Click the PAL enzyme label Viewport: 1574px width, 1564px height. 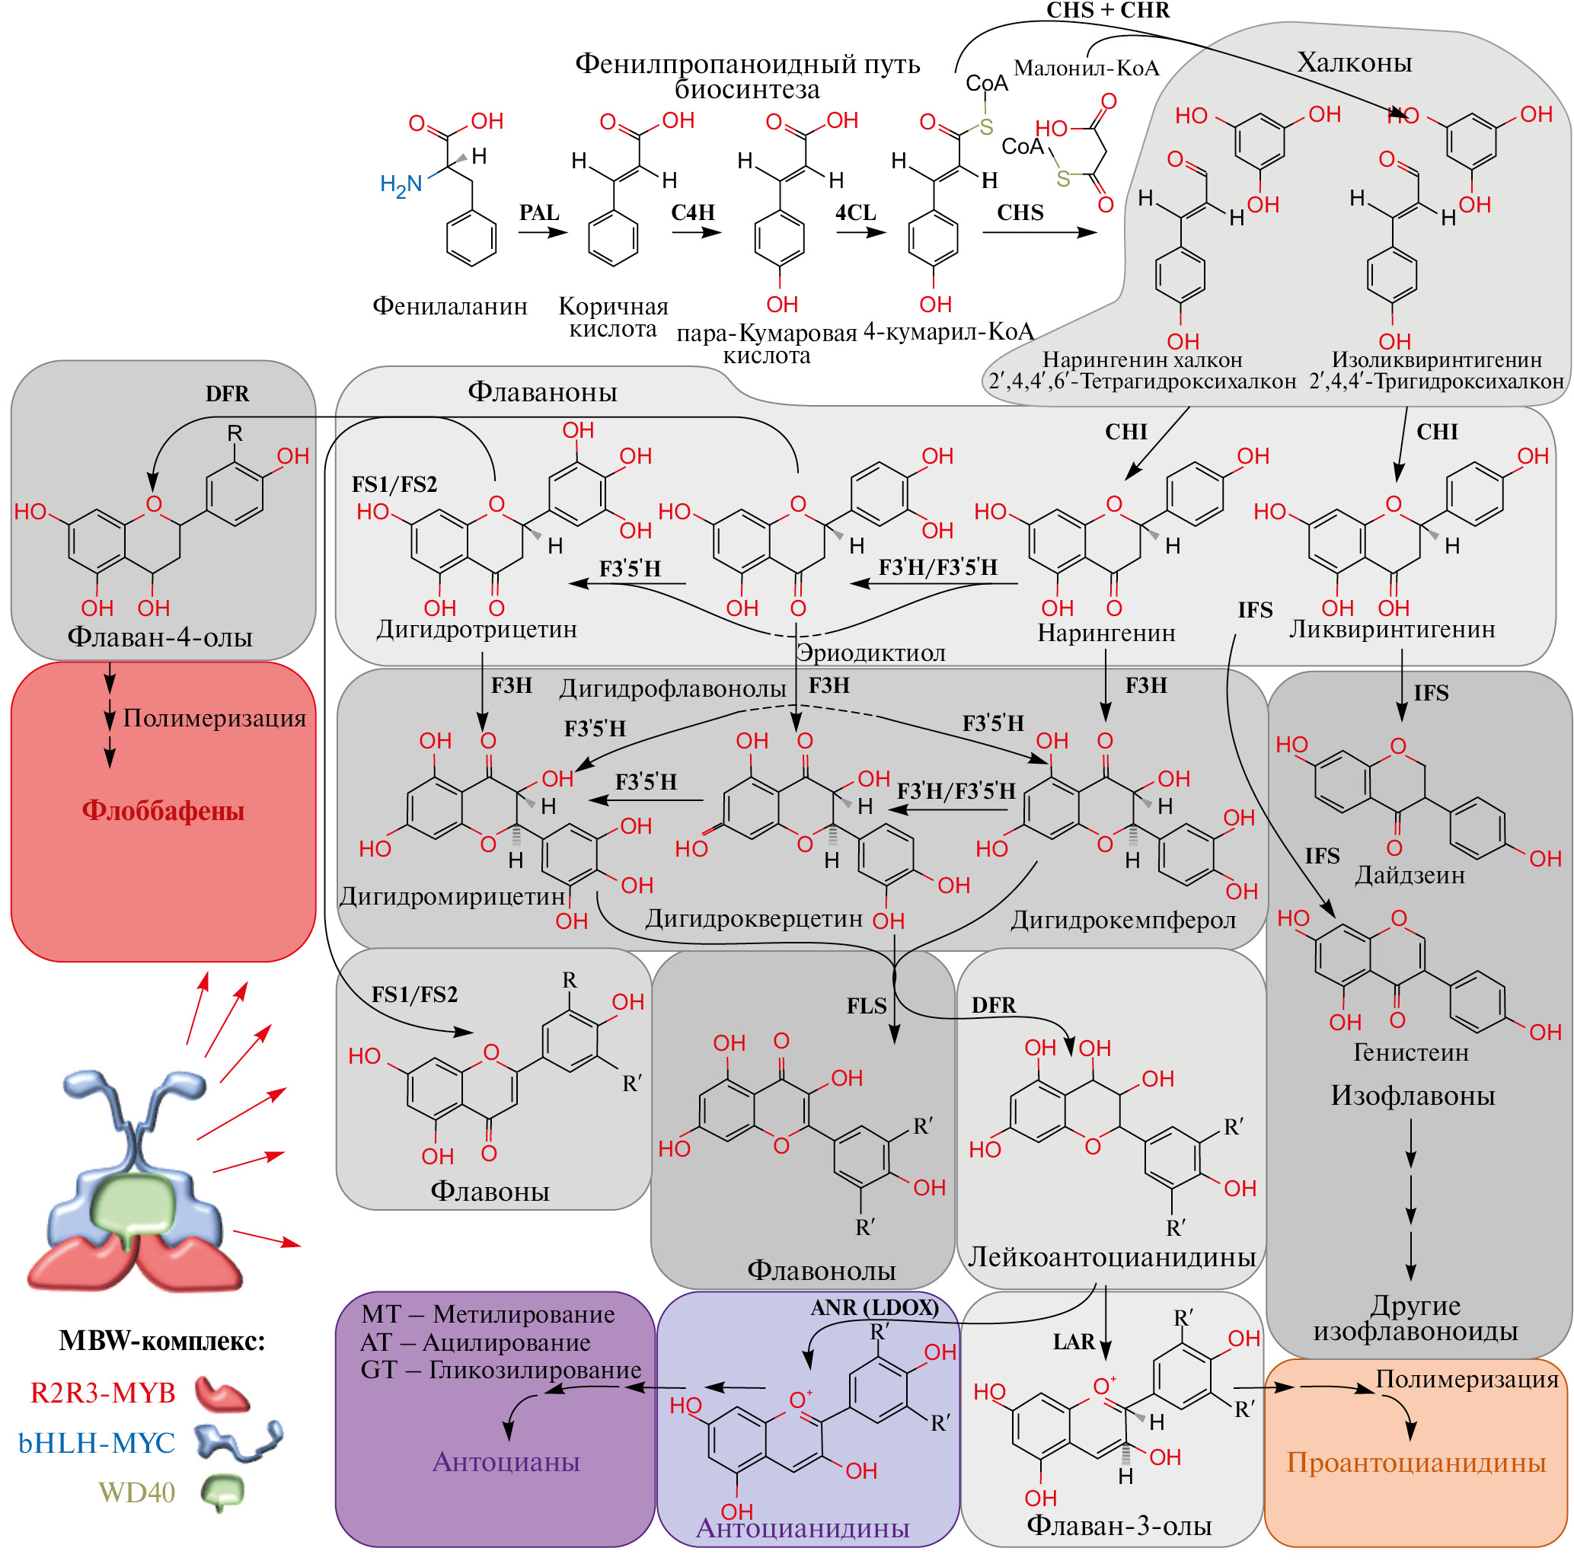pos(538,212)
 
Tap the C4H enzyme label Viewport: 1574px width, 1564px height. pos(692,212)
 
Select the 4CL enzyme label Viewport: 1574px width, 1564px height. pos(855,212)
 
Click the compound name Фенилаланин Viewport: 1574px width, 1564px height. pos(450,306)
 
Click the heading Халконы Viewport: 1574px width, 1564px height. pos(1354,62)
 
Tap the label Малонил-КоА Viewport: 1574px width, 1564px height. pos(1086,69)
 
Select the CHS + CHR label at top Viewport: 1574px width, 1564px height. pos(1108,11)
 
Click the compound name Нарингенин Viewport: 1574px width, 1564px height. pos(1106,633)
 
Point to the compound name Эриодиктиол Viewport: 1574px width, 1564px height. pos(870,653)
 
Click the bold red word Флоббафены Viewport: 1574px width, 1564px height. pos(163,812)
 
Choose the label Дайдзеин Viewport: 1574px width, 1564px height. pos(1410,876)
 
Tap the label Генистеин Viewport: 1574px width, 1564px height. pos(1411,1052)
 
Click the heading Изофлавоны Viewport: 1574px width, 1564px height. pos(1413,1096)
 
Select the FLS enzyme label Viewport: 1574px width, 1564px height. pos(866,1006)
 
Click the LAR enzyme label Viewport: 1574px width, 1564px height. pos(1074,1342)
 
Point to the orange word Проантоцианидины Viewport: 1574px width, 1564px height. pos(1416,1463)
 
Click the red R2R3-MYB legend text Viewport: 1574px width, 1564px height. pos(103,1393)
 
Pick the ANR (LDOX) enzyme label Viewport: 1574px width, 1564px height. pos(874,1307)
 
